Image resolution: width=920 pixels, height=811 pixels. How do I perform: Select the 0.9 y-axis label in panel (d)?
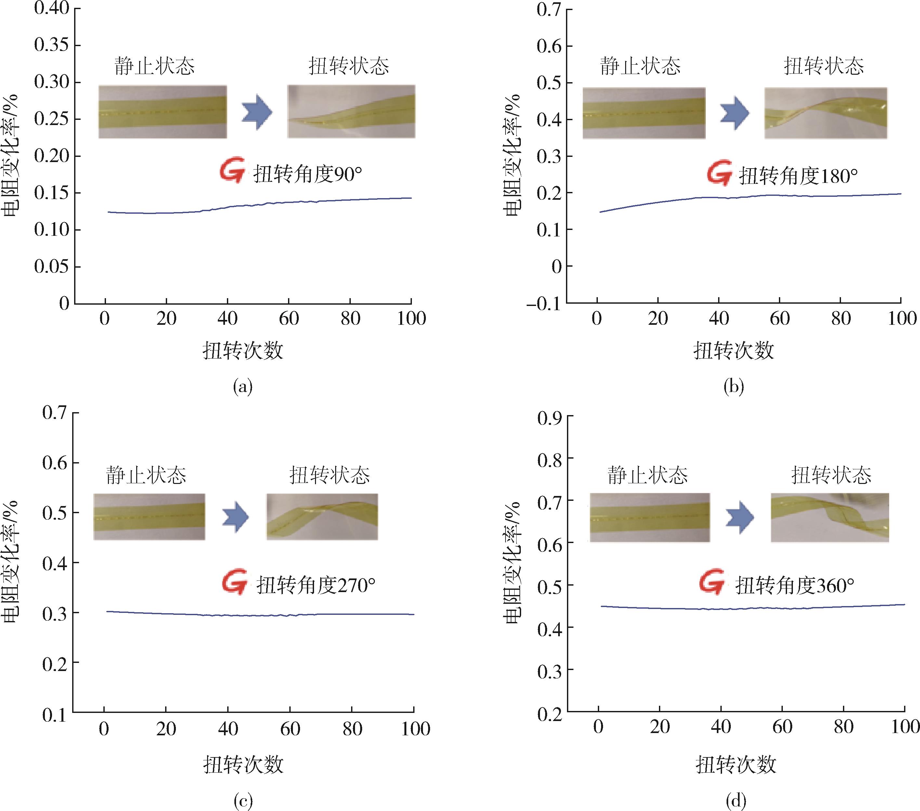point(550,418)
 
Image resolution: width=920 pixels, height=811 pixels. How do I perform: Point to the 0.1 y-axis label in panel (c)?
point(54,715)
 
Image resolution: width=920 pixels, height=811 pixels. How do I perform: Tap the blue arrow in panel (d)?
point(740,518)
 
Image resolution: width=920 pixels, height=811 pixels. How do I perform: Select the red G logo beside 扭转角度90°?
point(232,171)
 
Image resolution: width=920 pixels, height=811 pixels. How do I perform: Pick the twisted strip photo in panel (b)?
point(825,113)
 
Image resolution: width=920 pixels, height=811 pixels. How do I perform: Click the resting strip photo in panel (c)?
point(149,517)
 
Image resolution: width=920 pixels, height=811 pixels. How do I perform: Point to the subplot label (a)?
point(243,387)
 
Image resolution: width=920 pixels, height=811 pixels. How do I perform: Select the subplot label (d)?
point(736,800)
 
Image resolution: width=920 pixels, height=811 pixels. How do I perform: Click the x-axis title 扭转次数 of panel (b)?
point(734,350)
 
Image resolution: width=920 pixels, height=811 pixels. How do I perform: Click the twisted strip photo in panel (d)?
point(830,518)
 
